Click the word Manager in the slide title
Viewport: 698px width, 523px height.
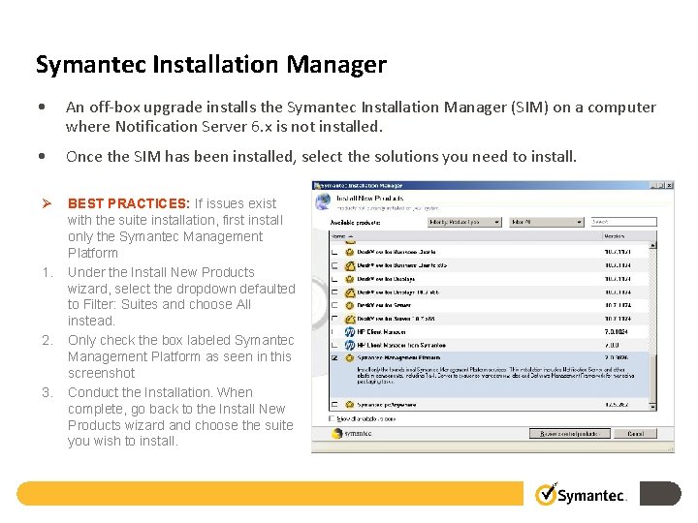coord(335,65)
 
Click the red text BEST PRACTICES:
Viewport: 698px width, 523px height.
coord(128,203)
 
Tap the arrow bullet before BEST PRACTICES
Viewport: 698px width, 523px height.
coord(45,203)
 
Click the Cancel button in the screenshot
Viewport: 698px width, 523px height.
coord(635,433)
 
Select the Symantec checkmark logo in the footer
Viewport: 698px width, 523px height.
coord(547,494)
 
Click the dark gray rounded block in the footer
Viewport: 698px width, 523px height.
coord(663,494)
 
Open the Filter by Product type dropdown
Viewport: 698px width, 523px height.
coord(466,222)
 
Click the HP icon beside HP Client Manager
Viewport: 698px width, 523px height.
coord(348,331)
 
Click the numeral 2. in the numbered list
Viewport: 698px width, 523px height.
coord(47,340)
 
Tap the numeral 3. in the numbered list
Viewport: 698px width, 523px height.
coord(47,392)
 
